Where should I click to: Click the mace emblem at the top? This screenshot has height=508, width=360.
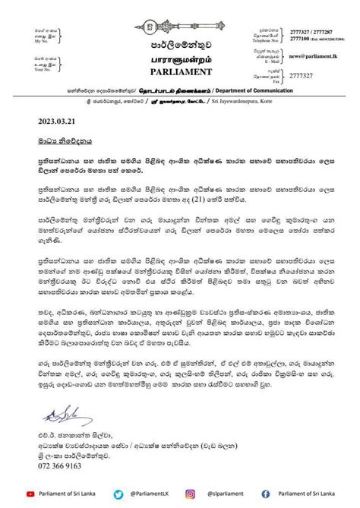[180, 14]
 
